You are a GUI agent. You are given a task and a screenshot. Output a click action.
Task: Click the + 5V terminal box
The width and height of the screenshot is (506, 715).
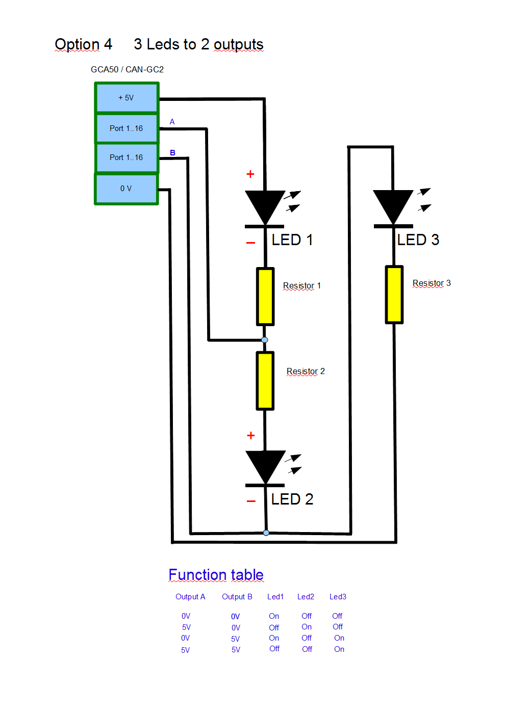[x=127, y=97]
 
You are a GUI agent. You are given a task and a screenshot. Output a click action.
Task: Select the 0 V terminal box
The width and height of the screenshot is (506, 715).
[x=127, y=189]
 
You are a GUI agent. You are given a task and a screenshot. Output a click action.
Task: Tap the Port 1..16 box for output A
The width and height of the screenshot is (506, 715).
[x=127, y=128]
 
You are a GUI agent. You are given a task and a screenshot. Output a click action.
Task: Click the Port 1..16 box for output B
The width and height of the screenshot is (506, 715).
[x=127, y=157]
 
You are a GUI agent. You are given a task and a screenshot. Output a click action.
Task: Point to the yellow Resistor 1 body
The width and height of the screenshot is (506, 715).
[x=265, y=296]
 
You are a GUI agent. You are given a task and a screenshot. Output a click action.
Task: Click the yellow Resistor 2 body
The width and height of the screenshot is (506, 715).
[x=265, y=381]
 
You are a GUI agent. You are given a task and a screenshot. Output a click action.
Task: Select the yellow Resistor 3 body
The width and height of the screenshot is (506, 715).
[x=394, y=295]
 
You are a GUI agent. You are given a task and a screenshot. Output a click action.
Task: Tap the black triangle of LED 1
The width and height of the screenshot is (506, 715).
[x=265, y=204]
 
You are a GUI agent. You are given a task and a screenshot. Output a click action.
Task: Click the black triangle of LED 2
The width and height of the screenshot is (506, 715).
[x=265, y=464]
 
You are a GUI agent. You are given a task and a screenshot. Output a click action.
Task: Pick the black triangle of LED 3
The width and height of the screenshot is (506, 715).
[x=393, y=204]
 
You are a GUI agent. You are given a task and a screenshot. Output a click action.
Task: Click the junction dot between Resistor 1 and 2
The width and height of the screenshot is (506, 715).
[x=264, y=340]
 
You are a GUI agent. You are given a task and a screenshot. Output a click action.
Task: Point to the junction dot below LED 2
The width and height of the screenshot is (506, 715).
[x=266, y=533]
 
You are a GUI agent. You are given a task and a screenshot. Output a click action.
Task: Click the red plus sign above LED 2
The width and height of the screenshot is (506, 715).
[x=250, y=436]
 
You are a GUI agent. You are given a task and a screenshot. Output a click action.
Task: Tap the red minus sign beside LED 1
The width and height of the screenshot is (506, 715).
[x=250, y=243]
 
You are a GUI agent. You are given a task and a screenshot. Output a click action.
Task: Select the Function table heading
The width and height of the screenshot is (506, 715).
[x=216, y=575]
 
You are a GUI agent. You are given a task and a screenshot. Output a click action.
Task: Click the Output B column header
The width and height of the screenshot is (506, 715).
[x=237, y=597]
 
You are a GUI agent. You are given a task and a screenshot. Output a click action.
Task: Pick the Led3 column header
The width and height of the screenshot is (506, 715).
[x=338, y=597]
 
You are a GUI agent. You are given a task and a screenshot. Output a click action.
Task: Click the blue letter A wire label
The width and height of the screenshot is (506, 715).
[x=172, y=122]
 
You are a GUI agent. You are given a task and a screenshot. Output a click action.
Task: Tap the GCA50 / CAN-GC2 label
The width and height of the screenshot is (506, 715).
[x=127, y=69]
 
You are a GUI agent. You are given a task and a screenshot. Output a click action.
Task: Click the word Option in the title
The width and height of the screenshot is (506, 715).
[x=77, y=44]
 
